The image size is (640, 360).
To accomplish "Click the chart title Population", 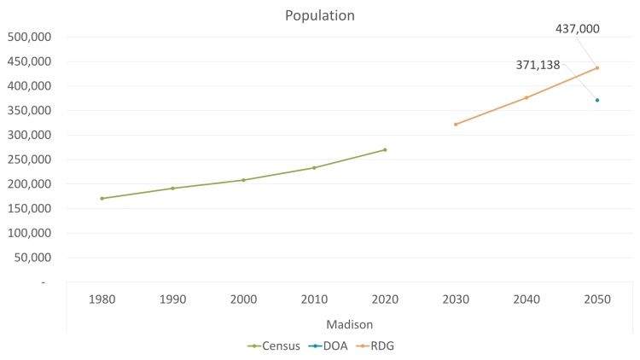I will (320, 15).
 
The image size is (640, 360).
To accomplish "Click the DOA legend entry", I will (328, 345).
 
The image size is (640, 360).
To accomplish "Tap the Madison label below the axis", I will (349, 324).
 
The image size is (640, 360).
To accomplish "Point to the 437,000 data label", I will (577, 28).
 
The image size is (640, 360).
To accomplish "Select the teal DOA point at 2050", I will (597, 100).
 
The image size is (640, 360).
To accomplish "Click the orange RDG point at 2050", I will (597, 67).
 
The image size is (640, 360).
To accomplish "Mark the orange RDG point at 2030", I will (456, 125).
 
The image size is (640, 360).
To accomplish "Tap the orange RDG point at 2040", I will (527, 97).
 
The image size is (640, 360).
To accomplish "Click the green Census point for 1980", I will (102, 199).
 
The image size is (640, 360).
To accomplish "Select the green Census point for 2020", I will (385, 150).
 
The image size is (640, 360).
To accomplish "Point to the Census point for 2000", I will (243, 180).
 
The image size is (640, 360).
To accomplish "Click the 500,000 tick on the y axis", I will (29, 37).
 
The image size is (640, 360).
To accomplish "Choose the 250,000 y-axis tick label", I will (29, 160).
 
